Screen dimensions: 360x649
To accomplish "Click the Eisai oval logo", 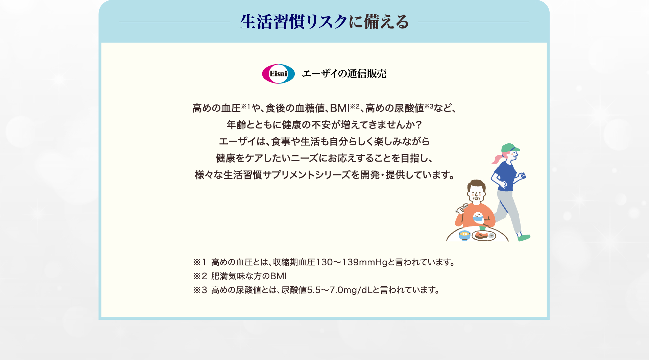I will coord(278,74).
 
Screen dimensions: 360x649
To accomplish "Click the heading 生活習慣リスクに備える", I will coord(324,22).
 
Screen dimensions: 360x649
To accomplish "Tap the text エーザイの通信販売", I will coord(344,74).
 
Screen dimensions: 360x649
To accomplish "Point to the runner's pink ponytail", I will coord(497,159).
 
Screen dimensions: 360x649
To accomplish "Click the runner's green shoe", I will coord(524,237).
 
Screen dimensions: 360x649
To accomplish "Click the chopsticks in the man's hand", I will coord(462,208).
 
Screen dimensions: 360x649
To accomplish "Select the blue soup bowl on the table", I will coord(465,235).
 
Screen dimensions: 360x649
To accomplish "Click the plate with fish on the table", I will coord(484,235).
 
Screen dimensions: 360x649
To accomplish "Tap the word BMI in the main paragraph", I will coord(340,108).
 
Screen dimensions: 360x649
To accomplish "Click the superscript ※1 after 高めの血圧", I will coord(246,107).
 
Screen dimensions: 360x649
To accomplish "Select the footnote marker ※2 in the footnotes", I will coord(200,276).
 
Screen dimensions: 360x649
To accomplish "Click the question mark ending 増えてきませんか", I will coord(419,125).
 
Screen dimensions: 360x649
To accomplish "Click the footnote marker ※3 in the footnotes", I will coord(200,290).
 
